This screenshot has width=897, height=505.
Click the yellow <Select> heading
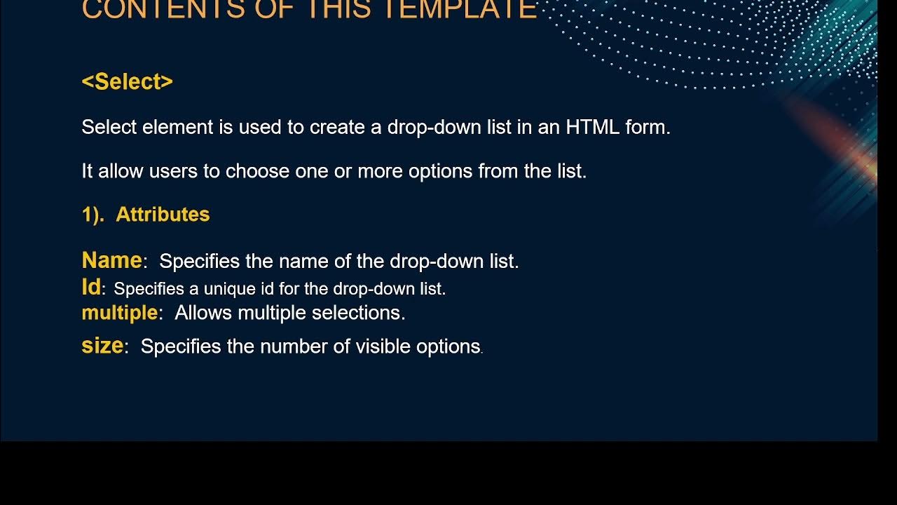[x=127, y=82]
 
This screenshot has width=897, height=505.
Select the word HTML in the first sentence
[x=594, y=128]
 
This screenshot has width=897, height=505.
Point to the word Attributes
[x=163, y=215]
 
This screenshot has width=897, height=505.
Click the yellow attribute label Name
[x=111, y=261]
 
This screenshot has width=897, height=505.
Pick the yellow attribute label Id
[x=91, y=288]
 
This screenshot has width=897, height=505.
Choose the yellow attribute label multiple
[x=119, y=313]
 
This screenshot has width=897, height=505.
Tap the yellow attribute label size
[x=102, y=346]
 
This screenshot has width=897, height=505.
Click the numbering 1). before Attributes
[x=93, y=215]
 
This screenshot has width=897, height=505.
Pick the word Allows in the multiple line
[x=204, y=313]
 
